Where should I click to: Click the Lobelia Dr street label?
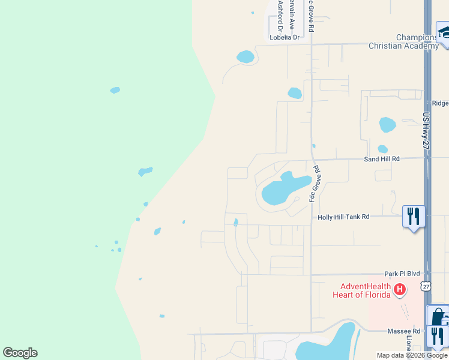[x=285, y=37]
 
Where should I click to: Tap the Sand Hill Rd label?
[x=382, y=159]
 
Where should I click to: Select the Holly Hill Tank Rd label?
[x=343, y=217]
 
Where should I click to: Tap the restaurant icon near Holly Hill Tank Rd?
[x=412, y=215]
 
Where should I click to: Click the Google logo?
[x=20, y=353]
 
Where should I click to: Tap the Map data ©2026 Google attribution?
[x=412, y=355]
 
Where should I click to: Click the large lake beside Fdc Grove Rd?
[x=282, y=190]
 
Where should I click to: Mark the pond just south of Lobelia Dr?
[x=245, y=57]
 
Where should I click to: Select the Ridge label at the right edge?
[x=440, y=103]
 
